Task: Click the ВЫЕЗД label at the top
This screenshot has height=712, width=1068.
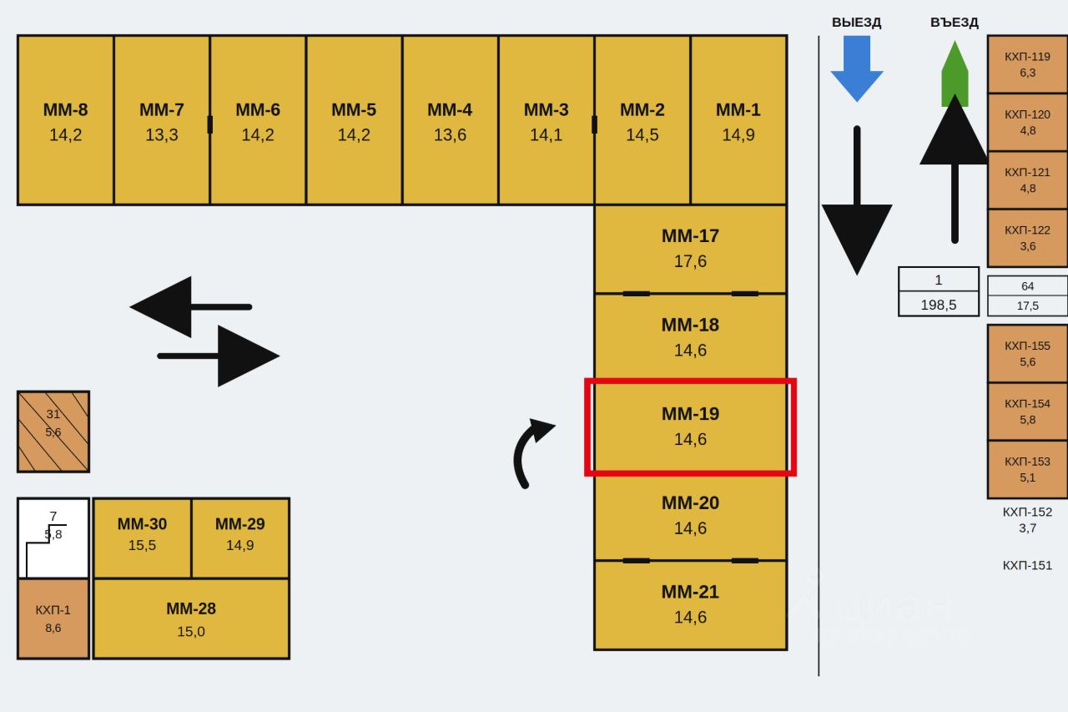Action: pyautogui.click(x=856, y=23)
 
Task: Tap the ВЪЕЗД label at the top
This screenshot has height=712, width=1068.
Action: pyautogui.click(x=954, y=23)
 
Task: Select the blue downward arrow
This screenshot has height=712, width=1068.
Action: pyautogui.click(x=857, y=68)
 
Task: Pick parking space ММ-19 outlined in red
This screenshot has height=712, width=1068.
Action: pyautogui.click(x=690, y=427)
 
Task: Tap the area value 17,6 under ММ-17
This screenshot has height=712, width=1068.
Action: pyautogui.click(x=690, y=261)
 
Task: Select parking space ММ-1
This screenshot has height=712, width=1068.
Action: pyautogui.click(x=738, y=120)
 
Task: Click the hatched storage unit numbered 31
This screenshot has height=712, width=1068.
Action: pyautogui.click(x=53, y=432)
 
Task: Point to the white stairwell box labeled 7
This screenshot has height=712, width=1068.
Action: pyautogui.click(x=53, y=538)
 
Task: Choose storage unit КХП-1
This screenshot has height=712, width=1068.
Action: pyautogui.click(x=53, y=619)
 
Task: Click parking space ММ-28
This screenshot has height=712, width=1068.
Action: pyautogui.click(x=191, y=619)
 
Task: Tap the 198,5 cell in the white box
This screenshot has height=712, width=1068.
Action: pyautogui.click(x=939, y=304)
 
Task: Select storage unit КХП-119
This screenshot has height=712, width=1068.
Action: pyautogui.click(x=1027, y=64)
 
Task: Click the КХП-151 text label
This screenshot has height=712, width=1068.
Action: pyautogui.click(x=1027, y=565)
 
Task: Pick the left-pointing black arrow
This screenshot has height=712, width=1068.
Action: pyautogui.click(x=191, y=306)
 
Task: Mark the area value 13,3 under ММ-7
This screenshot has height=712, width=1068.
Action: pyautogui.click(x=162, y=135)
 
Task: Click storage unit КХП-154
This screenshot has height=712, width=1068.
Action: pyautogui.click(x=1027, y=411)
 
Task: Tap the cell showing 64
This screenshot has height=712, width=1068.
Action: pyautogui.click(x=1027, y=285)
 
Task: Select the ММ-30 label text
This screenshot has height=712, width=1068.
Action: pyautogui.click(x=142, y=523)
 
